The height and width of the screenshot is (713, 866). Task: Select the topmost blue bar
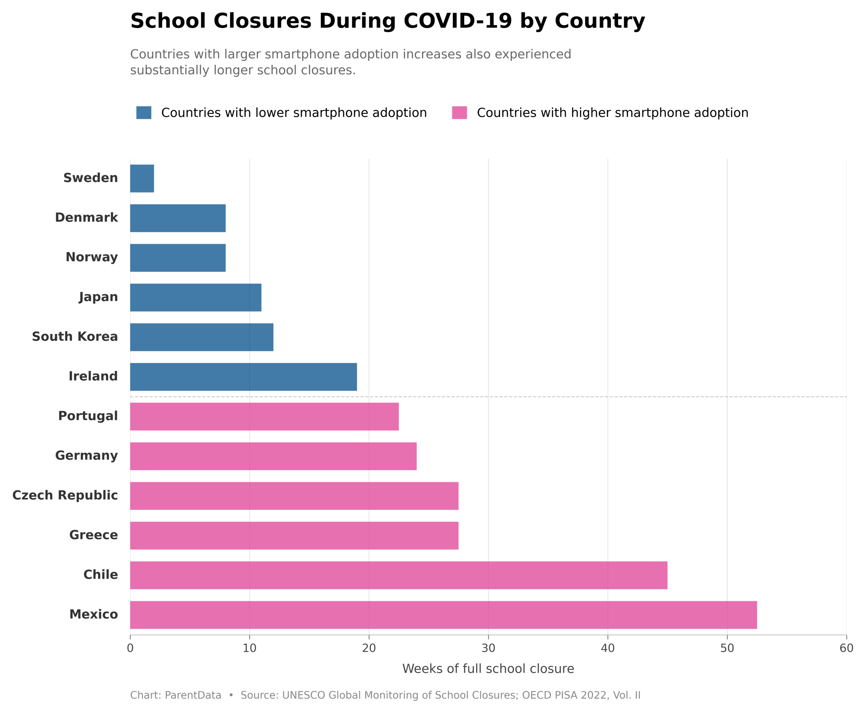pyautogui.click(x=189, y=178)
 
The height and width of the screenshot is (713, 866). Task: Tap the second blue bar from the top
pyautogui.click(x=189, y=218)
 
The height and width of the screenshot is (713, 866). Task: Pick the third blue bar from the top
pyautogui.click(x=189, y=257)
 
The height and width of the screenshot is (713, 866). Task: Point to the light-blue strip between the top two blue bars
pyautogui.click(x=189, y=198)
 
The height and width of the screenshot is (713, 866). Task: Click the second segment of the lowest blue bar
pyautogui.click(x=309, y=377)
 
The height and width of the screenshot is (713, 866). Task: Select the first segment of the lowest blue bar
pyautogui.click(x=189, y=377)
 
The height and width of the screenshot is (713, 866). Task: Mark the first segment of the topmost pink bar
pyautogui.click(x=189, y=416)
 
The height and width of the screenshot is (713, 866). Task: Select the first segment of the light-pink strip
pyautogui.click(x=189, y=437)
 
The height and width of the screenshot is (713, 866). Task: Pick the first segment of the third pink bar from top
pyautogui.click(x=189, y=496)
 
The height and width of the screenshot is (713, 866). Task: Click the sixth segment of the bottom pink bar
pyautogui.click(x=786, y=615)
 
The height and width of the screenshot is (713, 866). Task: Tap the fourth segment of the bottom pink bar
pyautogui.click(x=548, y=615)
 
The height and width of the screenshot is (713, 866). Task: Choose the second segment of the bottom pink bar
pyautogui.click(x=309, y=615)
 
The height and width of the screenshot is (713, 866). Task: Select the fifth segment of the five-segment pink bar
pyautogui.click(x=667, y=575)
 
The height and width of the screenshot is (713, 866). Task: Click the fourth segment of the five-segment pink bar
pyautogui.click(x=548, y=575)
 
